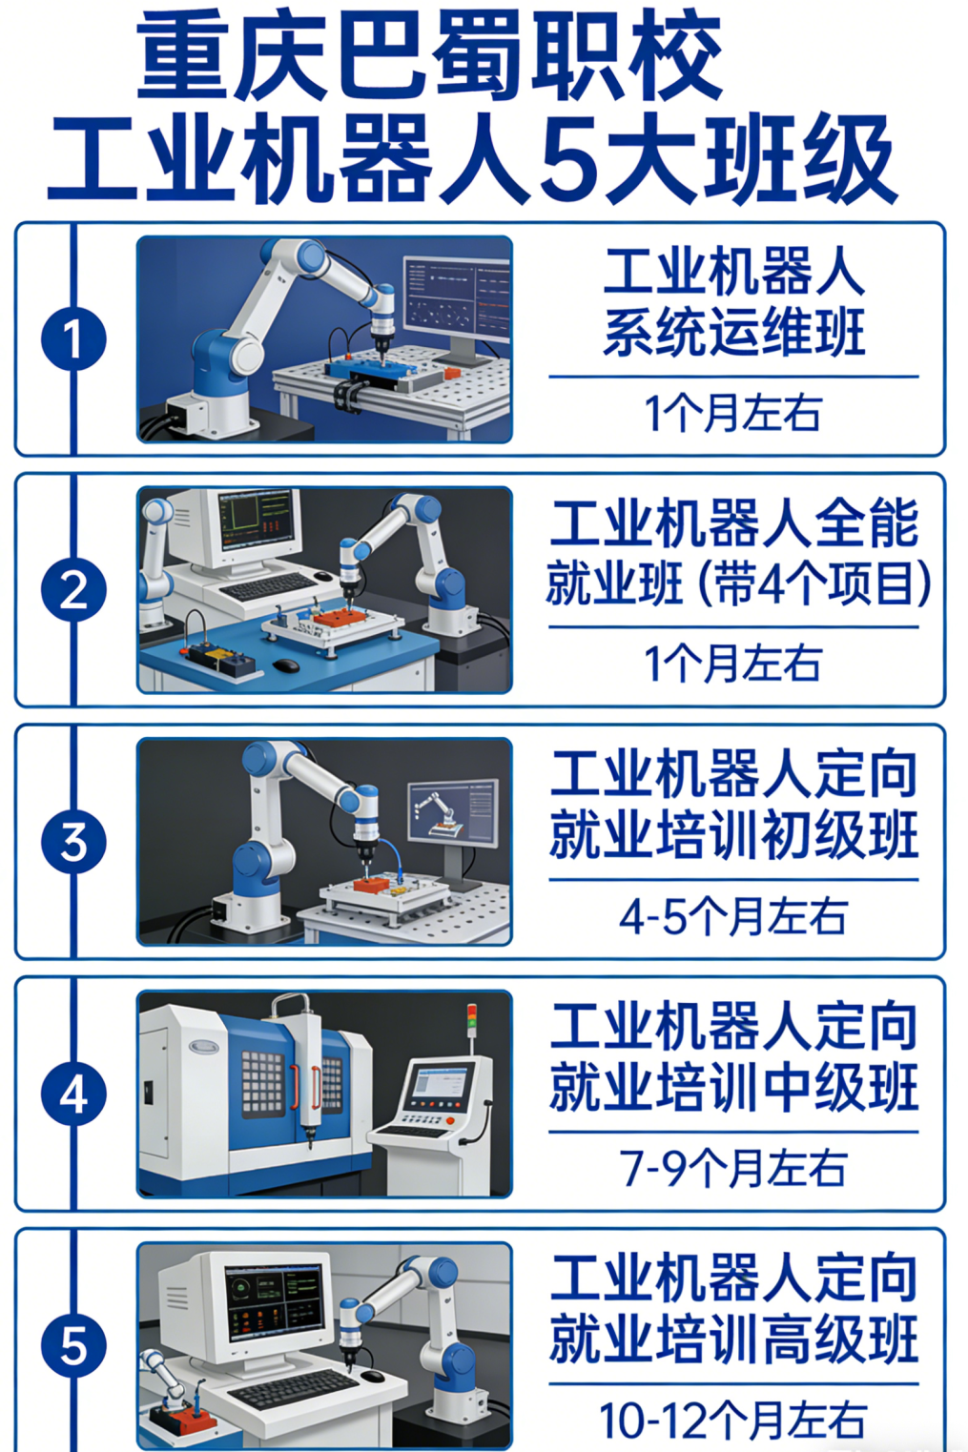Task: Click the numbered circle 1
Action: [73, 339]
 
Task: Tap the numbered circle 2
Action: [73, 590]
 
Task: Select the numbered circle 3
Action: [73, 842]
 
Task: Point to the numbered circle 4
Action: [73, 1094]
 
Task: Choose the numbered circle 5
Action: [73, 1345]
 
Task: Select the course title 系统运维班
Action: [734, 332]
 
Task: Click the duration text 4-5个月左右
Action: [733, 916]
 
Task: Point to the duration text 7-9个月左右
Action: [733, 1169]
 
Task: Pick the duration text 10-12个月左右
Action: [733, 1421]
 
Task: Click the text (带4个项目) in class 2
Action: [814, 583]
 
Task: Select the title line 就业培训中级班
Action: [734, 1087]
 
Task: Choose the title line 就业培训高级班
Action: [734, 1339]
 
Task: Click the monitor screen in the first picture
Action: [457, 298]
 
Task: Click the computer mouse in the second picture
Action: [286, 665]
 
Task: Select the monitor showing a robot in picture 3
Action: [453, 814]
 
